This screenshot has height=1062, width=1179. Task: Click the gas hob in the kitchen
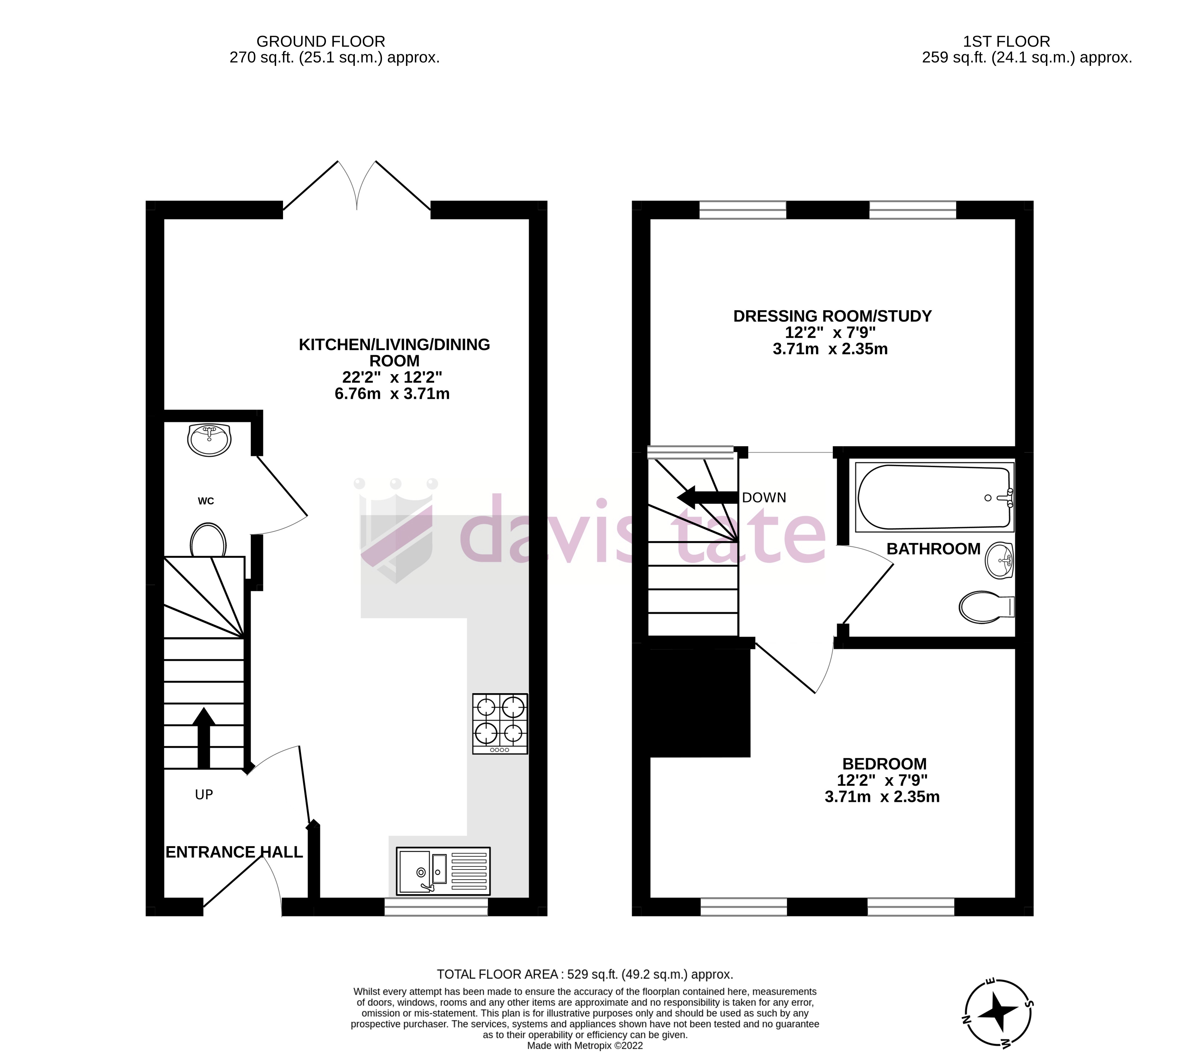tap(500, 724)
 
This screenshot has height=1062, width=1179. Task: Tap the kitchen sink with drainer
tap(443, 871)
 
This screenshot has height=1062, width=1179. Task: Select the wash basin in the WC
tap(209, 440)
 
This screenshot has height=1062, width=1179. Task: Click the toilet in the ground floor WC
tap(208, 541)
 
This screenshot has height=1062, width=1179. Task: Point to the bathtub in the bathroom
tap(934, 498)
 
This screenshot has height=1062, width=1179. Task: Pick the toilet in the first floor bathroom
tap(986, 607)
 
